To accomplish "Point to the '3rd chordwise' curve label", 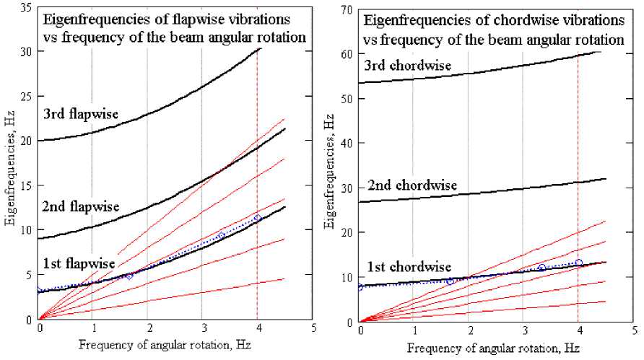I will [x=408, y=66].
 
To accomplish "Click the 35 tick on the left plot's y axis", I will [x=28, y=6].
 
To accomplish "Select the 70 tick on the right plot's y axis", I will [x=349, y=7].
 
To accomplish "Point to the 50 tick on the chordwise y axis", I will [x=349, y=97].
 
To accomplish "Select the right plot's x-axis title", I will [x=487, y=347].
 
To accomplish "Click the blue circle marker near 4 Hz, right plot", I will [x=578, y=263].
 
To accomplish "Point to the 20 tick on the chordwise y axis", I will [x=349, y=232].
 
